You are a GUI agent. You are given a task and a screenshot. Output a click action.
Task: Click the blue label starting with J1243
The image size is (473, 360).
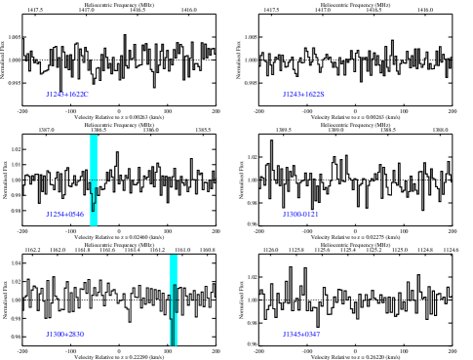click(67, 95)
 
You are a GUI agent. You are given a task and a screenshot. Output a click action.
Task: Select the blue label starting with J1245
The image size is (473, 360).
click(303, 95)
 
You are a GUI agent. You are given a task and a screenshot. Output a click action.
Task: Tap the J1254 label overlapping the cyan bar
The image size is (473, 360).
click(65, 215)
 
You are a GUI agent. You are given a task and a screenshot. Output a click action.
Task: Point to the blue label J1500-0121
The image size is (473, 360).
click(300, 215)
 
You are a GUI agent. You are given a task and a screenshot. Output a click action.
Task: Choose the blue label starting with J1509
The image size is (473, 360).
click(65, 335)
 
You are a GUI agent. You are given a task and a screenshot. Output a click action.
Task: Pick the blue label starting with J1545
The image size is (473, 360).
click(301, 335)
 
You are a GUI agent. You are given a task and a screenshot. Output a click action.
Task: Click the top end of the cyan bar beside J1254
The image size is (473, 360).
click(94, 137)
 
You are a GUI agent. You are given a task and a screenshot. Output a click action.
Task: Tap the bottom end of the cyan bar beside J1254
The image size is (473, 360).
click(94, 223)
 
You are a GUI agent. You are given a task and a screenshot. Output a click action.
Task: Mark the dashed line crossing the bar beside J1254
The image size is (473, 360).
click(94, 180)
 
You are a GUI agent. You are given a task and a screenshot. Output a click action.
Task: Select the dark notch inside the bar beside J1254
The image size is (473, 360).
click(94, 203)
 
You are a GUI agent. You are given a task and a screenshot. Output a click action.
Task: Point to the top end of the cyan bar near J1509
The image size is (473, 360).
click(174, 257)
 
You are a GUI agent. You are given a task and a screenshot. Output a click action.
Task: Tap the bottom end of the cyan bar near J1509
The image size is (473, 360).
click(174, 343)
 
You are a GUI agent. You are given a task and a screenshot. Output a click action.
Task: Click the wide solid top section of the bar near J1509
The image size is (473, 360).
click(174, 269)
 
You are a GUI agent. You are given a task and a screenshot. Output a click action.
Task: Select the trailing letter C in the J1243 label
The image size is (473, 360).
click(86, 95)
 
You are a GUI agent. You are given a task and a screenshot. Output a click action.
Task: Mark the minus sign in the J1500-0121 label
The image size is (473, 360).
click(299, 215)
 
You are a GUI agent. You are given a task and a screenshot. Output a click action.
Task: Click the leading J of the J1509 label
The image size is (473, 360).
click(48, 335)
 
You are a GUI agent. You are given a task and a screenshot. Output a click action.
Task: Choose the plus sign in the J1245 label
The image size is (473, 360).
click(303, 95)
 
